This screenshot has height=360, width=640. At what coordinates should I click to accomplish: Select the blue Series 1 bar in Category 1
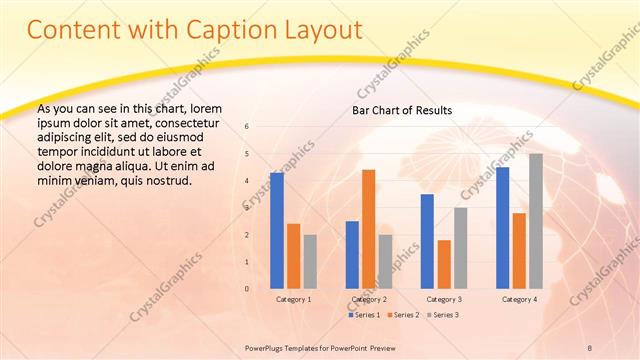click(276, 230)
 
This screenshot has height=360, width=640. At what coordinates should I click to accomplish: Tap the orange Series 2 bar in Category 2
click(368, 229)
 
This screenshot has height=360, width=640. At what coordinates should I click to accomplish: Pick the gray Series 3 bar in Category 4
click(536, 221)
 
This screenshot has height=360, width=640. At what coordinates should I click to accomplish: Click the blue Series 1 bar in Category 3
click(427, 241)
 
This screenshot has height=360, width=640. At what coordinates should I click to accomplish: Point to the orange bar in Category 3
click(444, 264)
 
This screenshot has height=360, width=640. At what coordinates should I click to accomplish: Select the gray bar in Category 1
click(310, 261)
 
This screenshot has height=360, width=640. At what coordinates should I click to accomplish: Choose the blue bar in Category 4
click(502, 227)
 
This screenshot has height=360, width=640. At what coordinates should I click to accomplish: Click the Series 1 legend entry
click(363, 315)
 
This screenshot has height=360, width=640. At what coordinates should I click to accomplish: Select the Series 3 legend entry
click(443, 315)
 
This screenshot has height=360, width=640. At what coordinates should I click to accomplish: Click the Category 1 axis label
click(293, 299)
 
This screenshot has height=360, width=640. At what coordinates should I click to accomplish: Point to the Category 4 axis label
click(519, 299)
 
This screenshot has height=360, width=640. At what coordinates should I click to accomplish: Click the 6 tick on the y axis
click(247, 126)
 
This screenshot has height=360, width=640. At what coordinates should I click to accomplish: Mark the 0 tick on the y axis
click(247, 289)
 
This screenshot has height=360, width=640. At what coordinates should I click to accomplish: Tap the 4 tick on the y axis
click(247, 180)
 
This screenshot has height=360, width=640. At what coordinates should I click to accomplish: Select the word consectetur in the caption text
click(191, 122)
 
